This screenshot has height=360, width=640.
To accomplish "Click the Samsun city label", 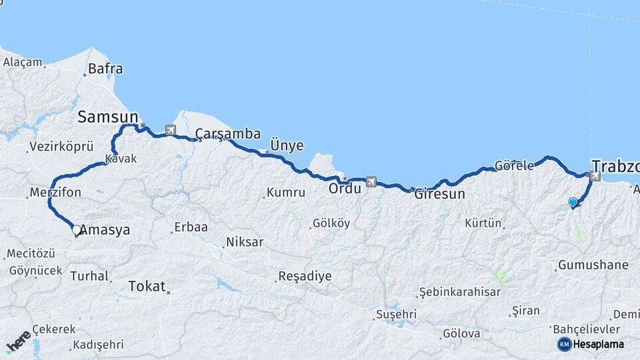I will pos(107,117).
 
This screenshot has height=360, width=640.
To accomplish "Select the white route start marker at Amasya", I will pos(76,230).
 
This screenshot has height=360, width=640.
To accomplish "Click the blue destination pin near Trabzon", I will pos(573,202).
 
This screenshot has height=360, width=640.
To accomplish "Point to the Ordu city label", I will pos(344,189).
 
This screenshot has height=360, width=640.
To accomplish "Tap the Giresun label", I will pos(439,195).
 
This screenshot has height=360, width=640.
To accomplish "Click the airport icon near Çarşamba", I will pos(170,130).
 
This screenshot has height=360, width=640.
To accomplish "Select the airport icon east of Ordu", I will pos(371,181).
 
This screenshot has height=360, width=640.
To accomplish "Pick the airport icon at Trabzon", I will pos(595,177).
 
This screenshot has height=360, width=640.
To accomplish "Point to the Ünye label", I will pos(287,145).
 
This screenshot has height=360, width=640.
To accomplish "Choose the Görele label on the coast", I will pos(514,165).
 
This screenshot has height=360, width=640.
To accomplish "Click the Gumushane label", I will pos(593,265).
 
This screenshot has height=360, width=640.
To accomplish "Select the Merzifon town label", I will pos(55,193).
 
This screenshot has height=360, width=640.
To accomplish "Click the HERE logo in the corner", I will pos(19,340).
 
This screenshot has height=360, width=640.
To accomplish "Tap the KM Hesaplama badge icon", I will pos(565,344).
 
